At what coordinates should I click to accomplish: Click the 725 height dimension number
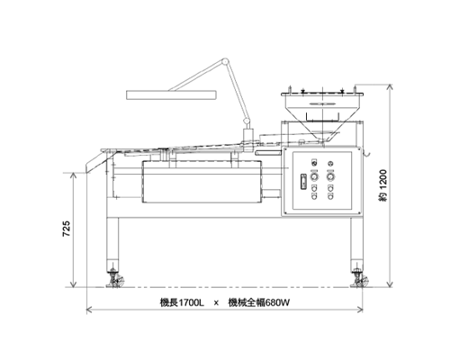[66, 229]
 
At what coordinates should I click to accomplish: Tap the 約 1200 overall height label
[383, 185]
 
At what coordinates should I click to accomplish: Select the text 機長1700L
[182, 302]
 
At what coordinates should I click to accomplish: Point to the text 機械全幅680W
[259, 302]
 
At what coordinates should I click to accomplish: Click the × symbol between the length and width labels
[216, 303]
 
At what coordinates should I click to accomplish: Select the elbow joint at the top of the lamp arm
[225, 61]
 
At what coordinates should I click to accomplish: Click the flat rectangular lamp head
[171, 94]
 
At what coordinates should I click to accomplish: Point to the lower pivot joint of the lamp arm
[247, 121]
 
